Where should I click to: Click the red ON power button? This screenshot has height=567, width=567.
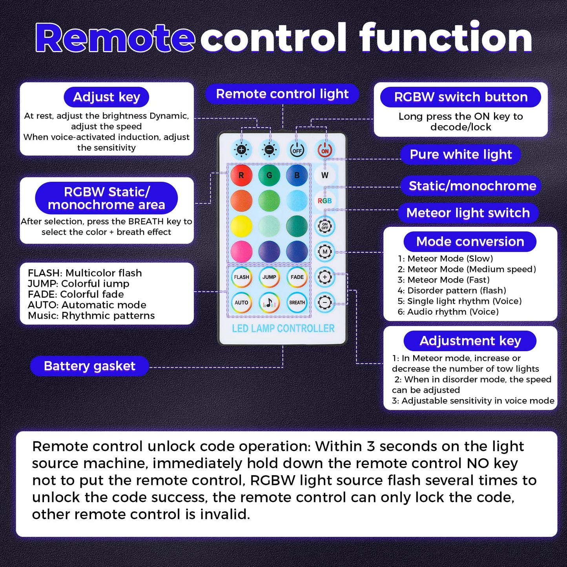325,150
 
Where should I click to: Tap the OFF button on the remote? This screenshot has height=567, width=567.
297,150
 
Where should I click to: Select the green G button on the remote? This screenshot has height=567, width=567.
269,175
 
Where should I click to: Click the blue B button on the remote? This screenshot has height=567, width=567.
297,175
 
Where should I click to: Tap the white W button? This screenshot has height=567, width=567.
325,175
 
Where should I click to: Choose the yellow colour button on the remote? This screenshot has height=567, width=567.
241,226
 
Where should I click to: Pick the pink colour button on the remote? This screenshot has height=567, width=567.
241,252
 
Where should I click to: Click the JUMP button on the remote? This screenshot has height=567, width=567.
269,277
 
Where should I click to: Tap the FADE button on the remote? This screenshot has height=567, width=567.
297,277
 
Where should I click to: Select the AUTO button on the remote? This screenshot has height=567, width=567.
241,303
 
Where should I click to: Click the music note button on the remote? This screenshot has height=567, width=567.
269,303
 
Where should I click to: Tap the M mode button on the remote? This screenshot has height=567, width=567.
325,252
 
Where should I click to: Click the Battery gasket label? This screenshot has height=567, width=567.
89,366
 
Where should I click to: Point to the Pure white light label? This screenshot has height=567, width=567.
461,155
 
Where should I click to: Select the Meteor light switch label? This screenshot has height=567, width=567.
468,213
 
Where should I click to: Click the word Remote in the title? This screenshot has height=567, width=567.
115,38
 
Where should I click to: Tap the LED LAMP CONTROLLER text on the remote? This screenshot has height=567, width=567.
283,328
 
